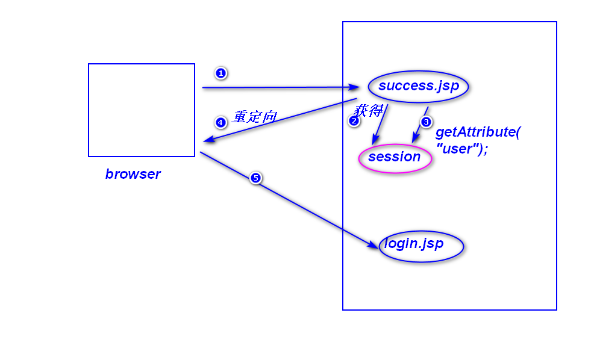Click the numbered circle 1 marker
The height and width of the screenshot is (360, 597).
pos(220,73)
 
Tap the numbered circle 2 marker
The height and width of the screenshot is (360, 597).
pos(354,121)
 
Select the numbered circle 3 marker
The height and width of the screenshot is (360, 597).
pos(426,122)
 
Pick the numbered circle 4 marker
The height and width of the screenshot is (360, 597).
pos(220,122)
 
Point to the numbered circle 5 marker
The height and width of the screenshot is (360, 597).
pos(255,178)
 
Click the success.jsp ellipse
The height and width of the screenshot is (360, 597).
pos(419,86)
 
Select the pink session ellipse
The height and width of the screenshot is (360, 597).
pos(395,158)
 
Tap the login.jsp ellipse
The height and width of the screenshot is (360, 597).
pos(421,246)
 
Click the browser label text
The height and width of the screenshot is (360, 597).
pos(133,174)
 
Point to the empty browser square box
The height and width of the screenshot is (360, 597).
pos(142,110)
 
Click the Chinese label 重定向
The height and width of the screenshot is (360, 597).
pos(254,117)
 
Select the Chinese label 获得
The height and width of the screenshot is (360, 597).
pos(368,111)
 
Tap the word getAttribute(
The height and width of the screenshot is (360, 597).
pos(478,132)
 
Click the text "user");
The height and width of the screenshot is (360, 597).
pos(461,149)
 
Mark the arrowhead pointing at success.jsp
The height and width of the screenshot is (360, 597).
pos(355,87)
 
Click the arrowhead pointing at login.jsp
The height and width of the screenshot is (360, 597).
pos(374,244)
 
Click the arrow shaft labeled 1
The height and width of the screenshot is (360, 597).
pos(277,87)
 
